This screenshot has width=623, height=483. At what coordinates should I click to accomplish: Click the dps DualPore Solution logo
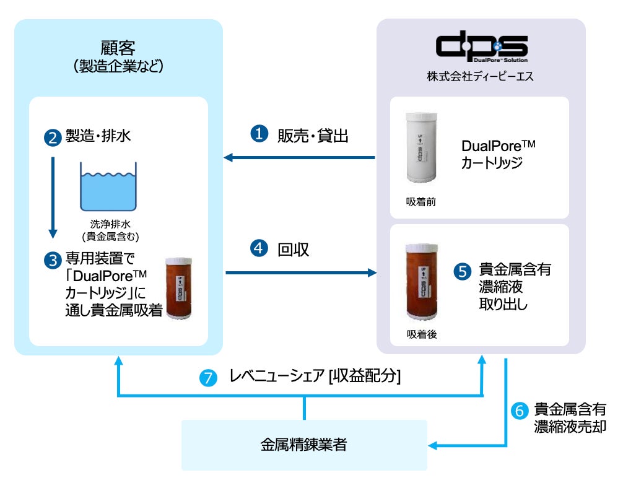482,46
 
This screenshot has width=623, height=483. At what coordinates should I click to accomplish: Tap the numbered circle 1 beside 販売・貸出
259,134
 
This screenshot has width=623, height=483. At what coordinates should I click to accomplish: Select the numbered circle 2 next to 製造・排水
53,137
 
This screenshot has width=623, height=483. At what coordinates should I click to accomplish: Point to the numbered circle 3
53,260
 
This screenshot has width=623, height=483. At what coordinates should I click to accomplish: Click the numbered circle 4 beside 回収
259,248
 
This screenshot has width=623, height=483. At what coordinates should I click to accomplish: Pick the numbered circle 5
463,271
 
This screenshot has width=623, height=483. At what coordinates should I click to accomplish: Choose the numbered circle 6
520,411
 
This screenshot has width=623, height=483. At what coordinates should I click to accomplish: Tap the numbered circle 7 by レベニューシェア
208,378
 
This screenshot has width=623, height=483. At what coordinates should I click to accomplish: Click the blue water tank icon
108,186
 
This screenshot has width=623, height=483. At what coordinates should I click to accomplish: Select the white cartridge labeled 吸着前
421,148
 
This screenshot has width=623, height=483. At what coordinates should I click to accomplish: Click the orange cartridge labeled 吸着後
422,282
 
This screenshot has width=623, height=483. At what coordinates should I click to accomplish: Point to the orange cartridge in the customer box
179,288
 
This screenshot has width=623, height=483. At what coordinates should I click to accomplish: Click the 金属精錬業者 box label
304,445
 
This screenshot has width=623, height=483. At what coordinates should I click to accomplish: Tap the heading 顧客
118,48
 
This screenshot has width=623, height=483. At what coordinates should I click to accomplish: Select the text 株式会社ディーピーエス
481,76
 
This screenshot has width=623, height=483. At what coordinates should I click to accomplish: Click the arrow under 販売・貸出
299,158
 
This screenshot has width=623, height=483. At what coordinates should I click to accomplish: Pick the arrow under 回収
301,272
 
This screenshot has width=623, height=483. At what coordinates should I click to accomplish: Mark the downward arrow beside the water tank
53,198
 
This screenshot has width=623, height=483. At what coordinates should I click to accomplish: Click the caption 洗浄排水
110,224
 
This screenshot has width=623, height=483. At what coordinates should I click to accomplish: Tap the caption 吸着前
420,202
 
